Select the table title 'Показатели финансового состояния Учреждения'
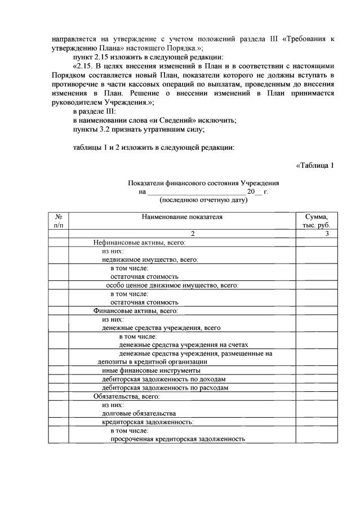(203, 183)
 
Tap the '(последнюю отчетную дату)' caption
(203, 200)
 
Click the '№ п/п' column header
(59, 221)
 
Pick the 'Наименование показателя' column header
(183, 216)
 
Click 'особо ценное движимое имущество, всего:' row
(173, 285)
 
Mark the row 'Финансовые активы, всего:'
(136, 310)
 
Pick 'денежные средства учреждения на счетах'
(184, 345)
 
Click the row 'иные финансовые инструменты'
(151, 370)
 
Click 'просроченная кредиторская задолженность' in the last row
(178, 439)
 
